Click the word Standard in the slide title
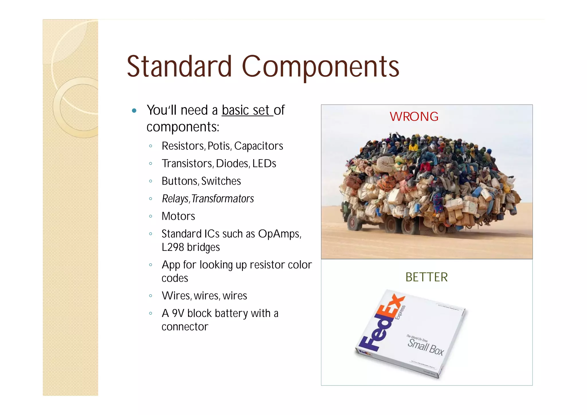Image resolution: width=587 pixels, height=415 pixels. [179, 66]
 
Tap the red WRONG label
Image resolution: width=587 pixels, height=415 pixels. [414, 117]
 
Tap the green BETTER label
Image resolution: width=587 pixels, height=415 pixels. [426, 277]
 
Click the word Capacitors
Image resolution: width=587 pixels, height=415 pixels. [259, 146]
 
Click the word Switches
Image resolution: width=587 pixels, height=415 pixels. [221, 181]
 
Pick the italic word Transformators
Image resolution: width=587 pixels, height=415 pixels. [223, 199]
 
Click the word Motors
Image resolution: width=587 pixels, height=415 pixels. [178, 216]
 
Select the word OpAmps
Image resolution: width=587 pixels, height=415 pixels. [279, 234]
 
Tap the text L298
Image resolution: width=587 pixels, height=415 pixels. [173, 247]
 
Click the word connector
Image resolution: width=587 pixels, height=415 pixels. [185, 327]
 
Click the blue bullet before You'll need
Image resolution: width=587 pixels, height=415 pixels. [134, 111]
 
